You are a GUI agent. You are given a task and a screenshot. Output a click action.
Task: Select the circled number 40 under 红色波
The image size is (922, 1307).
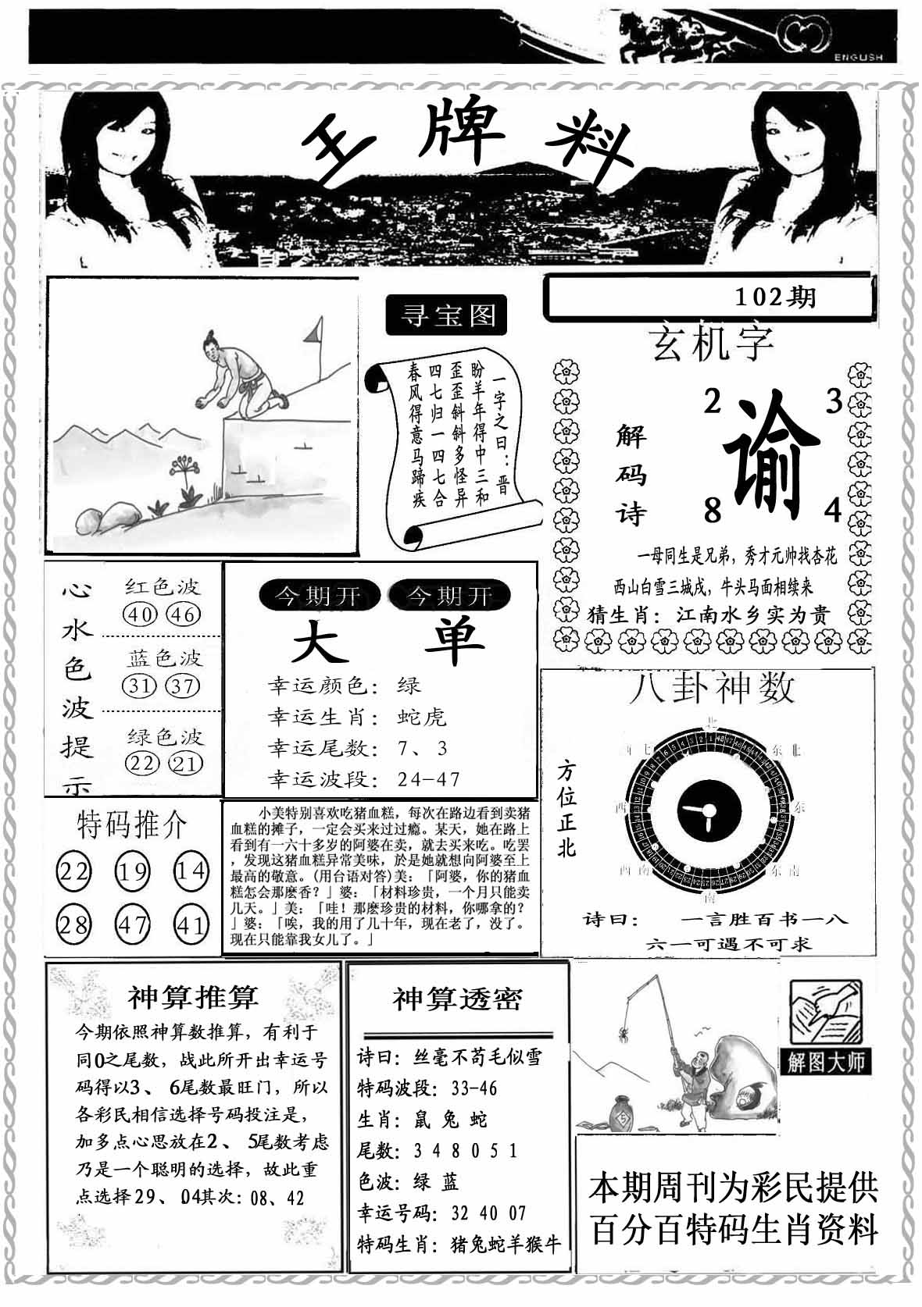click(x=141, y=614)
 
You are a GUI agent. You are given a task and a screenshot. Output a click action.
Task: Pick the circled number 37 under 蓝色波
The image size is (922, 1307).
click(x=184, y=686)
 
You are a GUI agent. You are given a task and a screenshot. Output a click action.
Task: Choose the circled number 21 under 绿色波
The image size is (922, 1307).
click(x=185, y=763)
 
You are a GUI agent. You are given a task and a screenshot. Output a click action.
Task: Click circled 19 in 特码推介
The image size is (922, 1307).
click(x=132, y=870)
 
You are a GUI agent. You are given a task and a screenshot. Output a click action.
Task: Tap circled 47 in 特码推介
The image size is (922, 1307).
click(x=132, y=924)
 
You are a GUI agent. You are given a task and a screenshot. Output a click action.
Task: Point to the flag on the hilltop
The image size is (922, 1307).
click(x=314, y=333)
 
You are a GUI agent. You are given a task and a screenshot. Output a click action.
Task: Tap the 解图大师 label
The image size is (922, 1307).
click(x=825, y=1062)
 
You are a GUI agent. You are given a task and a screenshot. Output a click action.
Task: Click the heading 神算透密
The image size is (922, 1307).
click(x=457, y=999)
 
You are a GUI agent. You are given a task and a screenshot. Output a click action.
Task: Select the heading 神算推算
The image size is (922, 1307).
click(x=192, y=997)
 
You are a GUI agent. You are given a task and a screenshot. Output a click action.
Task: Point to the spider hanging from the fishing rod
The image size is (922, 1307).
click(x=625, y=1035)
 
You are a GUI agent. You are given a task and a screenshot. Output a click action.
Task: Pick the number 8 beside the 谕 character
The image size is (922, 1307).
click(x=712, y=511)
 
